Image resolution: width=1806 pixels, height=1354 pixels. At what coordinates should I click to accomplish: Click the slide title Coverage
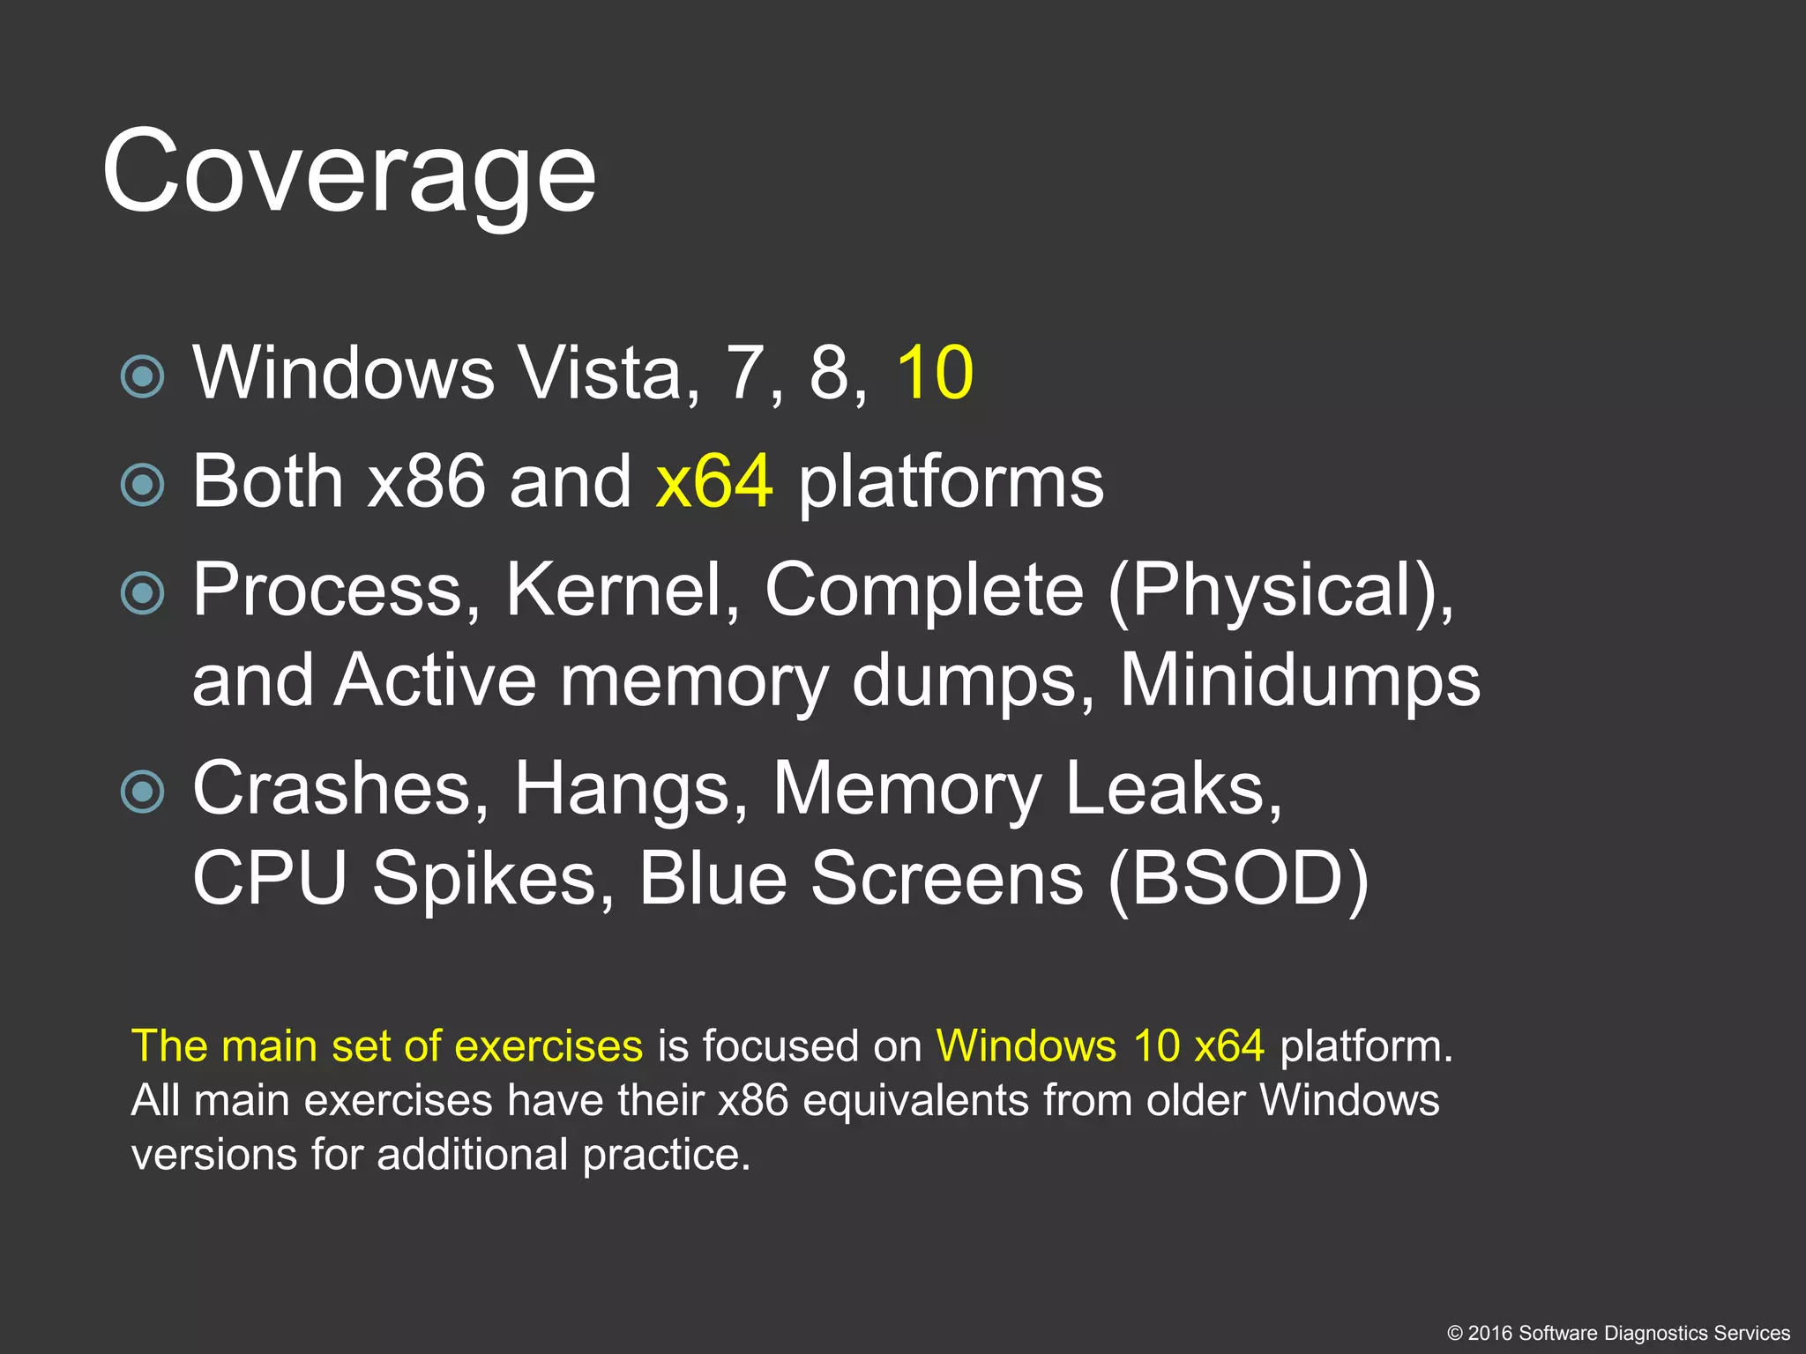(x=348, y=172)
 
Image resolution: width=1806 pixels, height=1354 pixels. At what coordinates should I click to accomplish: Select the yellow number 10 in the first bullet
(x=935, y=373)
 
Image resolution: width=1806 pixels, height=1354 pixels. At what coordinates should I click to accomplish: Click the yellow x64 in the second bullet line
(x=714, y=481)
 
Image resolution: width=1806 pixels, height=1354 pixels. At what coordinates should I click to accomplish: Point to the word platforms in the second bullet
(x=951, y=483)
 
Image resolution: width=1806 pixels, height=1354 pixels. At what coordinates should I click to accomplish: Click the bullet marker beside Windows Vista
(x=142, y=377)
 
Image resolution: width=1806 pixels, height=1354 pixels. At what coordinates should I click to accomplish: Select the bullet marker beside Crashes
(x=142, y=791)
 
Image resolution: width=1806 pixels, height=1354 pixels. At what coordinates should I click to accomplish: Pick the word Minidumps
(x=1300, y=681)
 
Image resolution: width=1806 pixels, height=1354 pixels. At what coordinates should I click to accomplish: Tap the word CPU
(x=270, y=878)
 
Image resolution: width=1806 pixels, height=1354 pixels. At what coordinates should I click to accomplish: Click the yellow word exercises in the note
(x=549, y=1046)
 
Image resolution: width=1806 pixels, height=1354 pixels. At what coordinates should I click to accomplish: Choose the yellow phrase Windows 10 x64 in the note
(x=1100, y=1046)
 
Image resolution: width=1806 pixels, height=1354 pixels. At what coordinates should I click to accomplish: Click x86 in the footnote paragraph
(x=752, y=1101)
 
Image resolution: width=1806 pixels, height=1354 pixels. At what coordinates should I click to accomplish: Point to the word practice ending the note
(x=666, y=1156)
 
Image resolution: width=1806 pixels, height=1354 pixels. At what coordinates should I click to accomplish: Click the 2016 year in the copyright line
(x=1489, y=1333)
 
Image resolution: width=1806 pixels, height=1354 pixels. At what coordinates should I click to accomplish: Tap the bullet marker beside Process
(x=142, y=593)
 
